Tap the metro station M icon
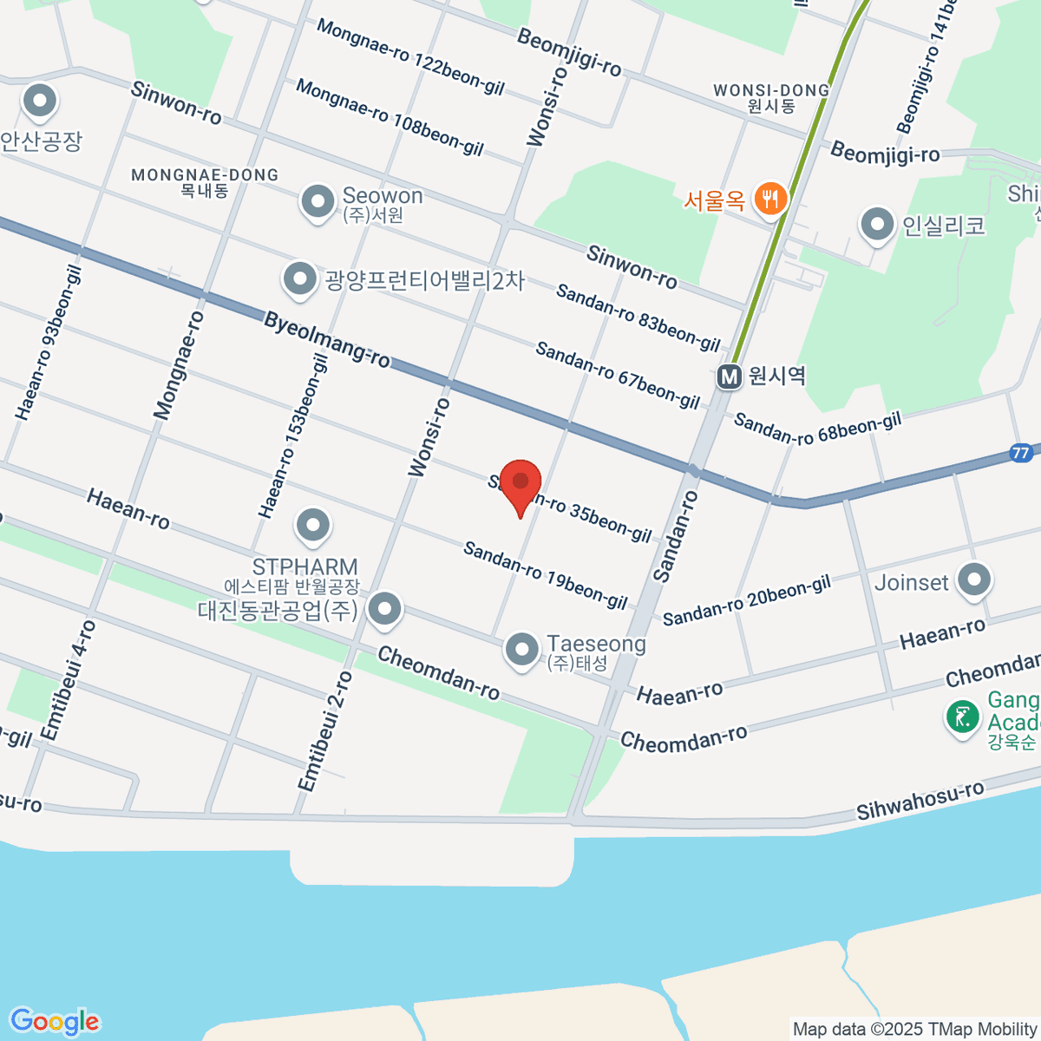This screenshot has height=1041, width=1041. [x=730, y=376]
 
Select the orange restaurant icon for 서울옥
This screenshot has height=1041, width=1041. [x=769, y=199]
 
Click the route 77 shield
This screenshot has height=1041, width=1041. [x=1020, y=453]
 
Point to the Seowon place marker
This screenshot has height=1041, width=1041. [x=318, y=201]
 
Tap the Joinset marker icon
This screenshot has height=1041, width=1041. [x=974, y=580]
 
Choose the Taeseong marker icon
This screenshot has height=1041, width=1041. [x=521, y=649]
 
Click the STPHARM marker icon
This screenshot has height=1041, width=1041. [x=312, y=525]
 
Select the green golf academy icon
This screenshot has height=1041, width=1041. [x=962, y=717]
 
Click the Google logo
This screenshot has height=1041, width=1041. [x=54, y=1021]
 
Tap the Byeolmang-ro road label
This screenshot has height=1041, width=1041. [x=327, y=339]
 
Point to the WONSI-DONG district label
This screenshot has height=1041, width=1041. [x=771, y=90]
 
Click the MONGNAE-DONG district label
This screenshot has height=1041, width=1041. [x=205, y=175]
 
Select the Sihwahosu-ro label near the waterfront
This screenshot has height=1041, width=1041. [x=920, y=800]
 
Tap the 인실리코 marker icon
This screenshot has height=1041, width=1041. [x=877, y=225]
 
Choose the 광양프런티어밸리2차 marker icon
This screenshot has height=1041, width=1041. [x=300, y=279]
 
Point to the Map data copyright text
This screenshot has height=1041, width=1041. [x=915, y=1029]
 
